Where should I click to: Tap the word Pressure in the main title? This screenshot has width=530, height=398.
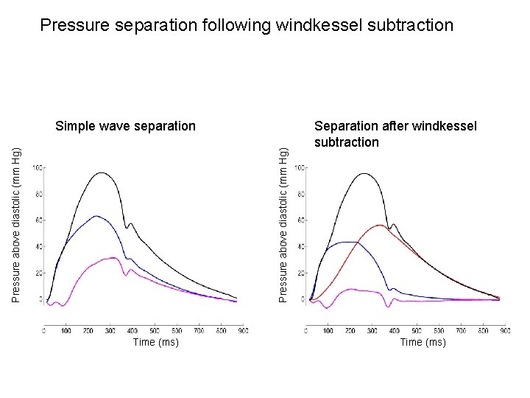76,26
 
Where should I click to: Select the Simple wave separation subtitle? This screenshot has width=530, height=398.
125,126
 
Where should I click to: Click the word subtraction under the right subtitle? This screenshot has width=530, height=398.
346,142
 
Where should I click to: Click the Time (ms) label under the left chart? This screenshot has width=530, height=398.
155,342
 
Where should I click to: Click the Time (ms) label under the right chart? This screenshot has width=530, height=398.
423,342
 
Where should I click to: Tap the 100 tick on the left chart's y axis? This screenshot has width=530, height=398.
37,168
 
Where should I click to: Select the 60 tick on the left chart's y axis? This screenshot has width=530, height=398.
38,220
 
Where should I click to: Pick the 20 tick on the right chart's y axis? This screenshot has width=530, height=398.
300,273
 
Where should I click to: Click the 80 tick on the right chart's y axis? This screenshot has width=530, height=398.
300,195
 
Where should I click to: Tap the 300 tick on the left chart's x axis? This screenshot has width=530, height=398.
110,331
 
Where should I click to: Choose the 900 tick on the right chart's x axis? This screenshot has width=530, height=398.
505,331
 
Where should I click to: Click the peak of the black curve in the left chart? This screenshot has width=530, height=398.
102,173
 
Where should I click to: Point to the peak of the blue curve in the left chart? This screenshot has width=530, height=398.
96,216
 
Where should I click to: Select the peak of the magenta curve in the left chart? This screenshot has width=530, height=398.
112,258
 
